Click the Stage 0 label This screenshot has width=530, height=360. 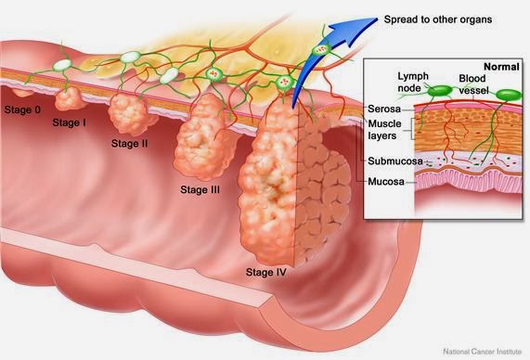pos(22,109)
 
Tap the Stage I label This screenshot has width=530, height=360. pos(69,122)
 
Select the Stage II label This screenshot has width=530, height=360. pos(129,143)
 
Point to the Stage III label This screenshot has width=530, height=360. pos(200,189)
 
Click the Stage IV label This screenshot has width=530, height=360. pos(266,272)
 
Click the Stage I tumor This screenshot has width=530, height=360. pos(69,98)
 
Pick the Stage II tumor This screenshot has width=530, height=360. pos(130,114)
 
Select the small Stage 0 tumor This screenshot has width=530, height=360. pos(22,92)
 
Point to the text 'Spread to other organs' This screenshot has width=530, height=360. pos(438,19)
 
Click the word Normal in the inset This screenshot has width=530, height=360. pos(501,67)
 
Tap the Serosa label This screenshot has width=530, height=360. pos(384,109)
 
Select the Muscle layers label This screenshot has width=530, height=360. pos(384,130)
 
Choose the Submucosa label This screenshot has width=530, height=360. pos(395,161)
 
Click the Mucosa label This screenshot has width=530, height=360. pos(386,182)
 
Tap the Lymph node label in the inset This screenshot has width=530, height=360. pos(413,83)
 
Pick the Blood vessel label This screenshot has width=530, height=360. pos(473,84)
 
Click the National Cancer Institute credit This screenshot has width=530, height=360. pos(483,352)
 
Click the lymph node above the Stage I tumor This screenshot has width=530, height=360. pos(62,65)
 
